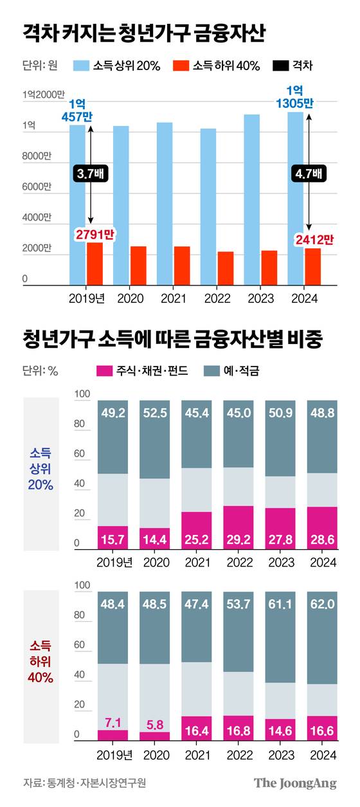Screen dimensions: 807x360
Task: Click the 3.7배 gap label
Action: pos(91,174)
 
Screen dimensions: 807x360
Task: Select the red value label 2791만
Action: pos(94,235)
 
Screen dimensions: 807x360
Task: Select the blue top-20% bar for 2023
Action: pos(251,200)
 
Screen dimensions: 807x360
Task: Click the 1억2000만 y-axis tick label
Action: pos(43,95)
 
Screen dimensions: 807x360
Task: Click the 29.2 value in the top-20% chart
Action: pos(237,536)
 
